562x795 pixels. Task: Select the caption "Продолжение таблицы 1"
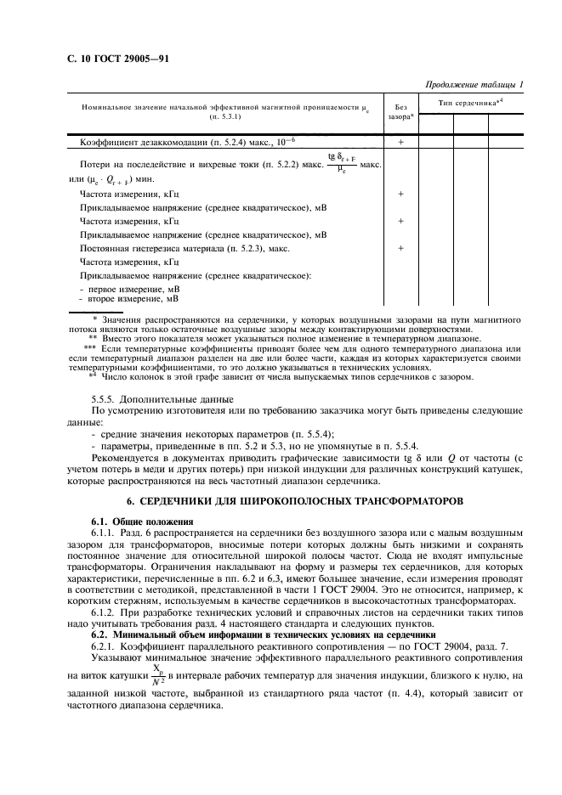coord(475,84)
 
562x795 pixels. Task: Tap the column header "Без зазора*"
coord(400,111)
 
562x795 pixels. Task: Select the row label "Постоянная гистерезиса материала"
coord(184,248)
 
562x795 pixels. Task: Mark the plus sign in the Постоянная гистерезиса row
coord(400,248)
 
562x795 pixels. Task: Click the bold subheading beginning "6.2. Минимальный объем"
coord(264,634)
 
